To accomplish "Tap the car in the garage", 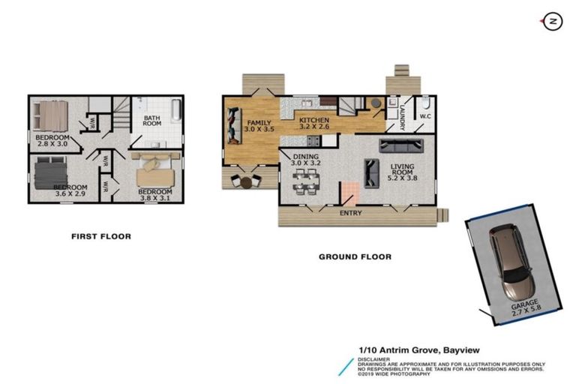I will coord(511,262).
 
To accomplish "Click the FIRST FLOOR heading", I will coord(101,236).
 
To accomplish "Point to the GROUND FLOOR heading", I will coord(355,256).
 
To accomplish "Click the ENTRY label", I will coord(350,214).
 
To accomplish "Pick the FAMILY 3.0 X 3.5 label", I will coord(260,125).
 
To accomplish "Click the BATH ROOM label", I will coord(152,121).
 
